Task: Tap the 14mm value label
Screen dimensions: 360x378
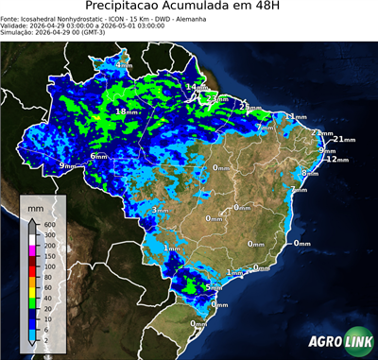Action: [x=193, y=87]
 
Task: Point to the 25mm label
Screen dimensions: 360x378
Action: [x=249, y=106]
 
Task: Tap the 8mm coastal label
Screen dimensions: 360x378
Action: [x=309, y=173]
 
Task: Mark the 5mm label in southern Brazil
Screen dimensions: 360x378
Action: [x=214, y=286]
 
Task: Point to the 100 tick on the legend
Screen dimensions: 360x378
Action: [x=49, y=267]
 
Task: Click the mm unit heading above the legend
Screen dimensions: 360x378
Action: [x=36, y=205]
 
